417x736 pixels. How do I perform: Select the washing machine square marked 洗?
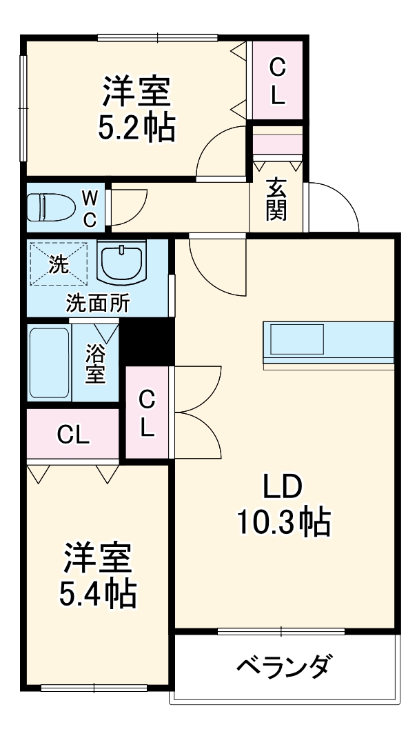pyautogui.click(x=59, y=262)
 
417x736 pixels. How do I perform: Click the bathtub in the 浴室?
pyautogui.click(x=50, y=363)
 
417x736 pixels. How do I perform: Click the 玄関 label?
pyautogui.click(x=276, y=199)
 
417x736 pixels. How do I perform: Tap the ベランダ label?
pyautogui.click(x=286, y=666)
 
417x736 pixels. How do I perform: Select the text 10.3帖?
pyautogui.click(x=283, y=523)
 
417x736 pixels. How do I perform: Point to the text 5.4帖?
pyautogui.click(x=97, y=593)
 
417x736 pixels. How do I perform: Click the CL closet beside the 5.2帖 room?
pyautogui.click(x=277, y=81)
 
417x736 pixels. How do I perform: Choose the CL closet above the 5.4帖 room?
pyautogui.click(x=73, y=435)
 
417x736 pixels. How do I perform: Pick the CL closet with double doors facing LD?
pyautogui.click(x=147, y=412)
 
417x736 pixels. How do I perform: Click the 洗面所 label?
pyautogui.click(x=97, y=304)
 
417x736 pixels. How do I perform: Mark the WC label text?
pyautogui.click(x=90, y=207)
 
